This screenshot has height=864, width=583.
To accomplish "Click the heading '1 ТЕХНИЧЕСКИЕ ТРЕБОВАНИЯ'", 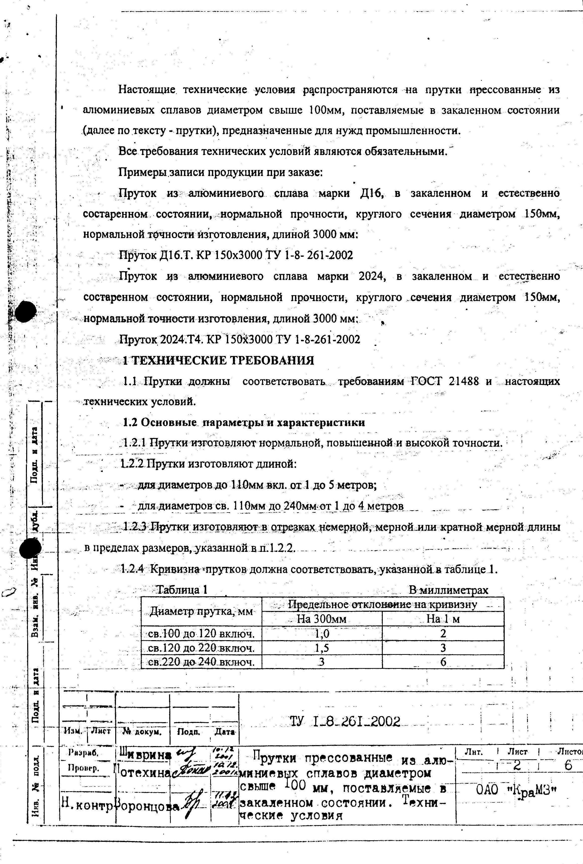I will (219, 360).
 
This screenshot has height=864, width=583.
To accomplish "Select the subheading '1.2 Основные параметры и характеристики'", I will (244, 423).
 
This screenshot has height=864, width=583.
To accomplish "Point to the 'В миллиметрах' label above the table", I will (448, 590).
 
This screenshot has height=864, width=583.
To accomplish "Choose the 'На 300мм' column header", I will (322, 619).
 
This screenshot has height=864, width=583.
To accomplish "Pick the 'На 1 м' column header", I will (443, 619).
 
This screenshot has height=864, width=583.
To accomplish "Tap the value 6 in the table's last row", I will (443, 662).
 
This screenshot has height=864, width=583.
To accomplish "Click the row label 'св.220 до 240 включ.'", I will (201, 662).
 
